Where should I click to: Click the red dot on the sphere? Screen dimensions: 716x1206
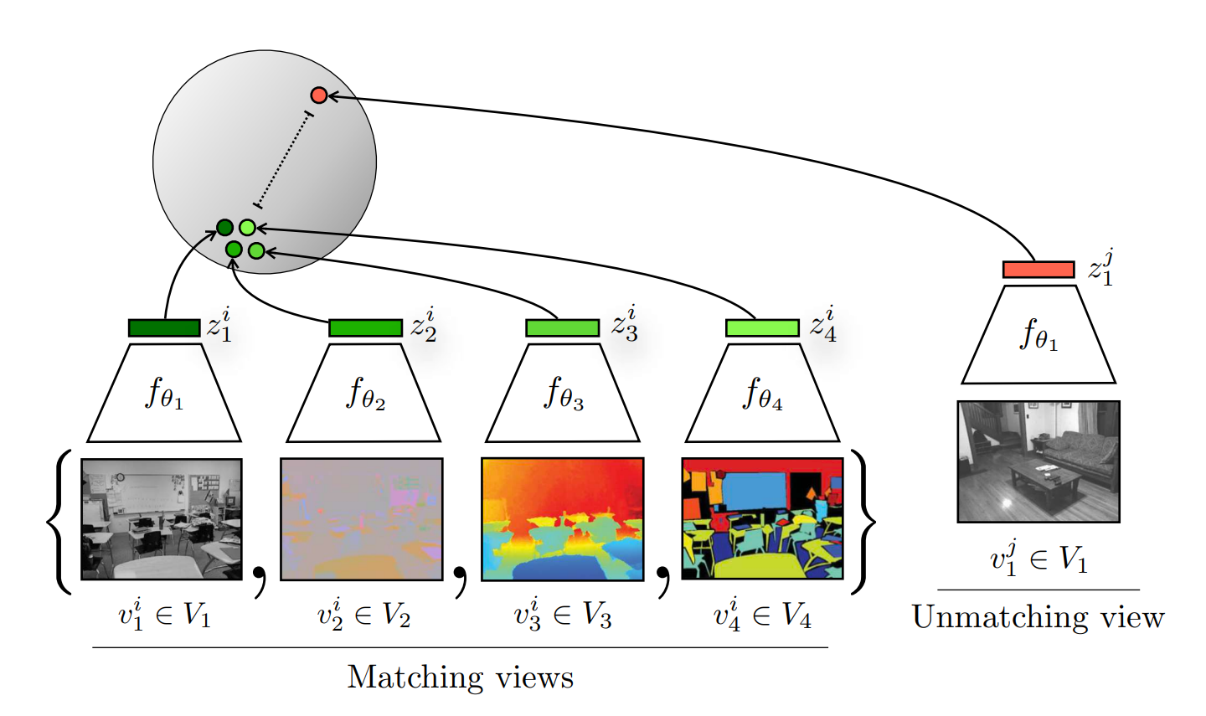318,95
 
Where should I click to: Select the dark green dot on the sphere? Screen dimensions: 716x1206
224,227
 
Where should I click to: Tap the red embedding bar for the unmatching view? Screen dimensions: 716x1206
1038,270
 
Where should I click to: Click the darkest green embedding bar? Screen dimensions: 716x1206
164,327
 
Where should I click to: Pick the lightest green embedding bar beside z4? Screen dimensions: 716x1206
762,327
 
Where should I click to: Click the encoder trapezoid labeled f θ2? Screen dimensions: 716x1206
364,394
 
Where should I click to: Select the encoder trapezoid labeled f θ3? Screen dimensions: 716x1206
563,394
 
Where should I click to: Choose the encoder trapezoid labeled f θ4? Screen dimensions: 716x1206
762,394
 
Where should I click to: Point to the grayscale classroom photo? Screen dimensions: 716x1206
162,519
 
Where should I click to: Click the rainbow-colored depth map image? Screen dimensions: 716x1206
563,519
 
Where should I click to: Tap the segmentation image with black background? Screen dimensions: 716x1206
762,519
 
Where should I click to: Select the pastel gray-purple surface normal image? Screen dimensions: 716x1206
362,519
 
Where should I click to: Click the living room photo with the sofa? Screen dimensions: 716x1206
1038,461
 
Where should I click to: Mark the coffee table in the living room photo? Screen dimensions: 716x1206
1047,479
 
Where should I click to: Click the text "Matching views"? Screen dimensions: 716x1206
461,677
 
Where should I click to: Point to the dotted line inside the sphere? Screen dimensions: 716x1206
283,159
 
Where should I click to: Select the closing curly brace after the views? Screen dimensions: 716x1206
863,521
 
